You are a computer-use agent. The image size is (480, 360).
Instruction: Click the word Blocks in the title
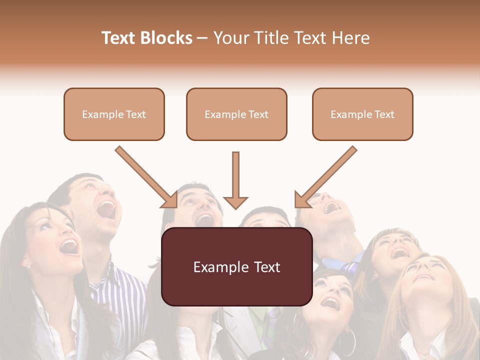pyautogui.click(x=166, y=38)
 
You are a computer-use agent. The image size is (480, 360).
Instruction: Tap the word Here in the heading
pyautogui.click(x=349, y=38)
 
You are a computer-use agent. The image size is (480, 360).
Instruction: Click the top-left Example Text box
pyautogui.click(x=114, y=114)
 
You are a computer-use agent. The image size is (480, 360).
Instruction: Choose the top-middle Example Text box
pyautogui.click(x=236, y=114)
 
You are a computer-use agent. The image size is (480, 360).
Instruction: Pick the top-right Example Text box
pyautogui.click(x=362, y=114)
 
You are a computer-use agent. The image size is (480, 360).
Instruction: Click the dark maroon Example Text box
pyautogui.click(x=236, y=266)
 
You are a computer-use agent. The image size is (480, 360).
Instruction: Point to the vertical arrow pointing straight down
pyautogui.click(x=235, y=180)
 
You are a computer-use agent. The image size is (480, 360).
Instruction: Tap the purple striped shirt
pyautogui.click(x=120, y=290)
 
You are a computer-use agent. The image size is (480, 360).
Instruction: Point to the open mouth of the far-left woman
pyautogui.click(x=68, y=246)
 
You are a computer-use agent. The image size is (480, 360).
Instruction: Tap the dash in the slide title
pyautogui.click(x=202, y=38)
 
